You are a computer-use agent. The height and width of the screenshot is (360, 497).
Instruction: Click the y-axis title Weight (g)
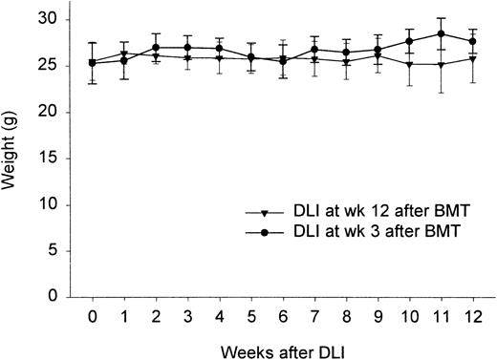(11, 156)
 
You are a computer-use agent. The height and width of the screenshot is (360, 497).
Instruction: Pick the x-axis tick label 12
(472, 315)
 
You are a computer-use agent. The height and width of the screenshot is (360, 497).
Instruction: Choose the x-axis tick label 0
(93, 315)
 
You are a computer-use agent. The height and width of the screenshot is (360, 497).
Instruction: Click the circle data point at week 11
(441, 33)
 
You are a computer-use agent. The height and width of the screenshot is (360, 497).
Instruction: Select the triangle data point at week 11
(441, 64)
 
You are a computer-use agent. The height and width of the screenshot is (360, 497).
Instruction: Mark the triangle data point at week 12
(472, 58)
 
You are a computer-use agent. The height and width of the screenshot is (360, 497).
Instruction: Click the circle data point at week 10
(410, 41)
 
